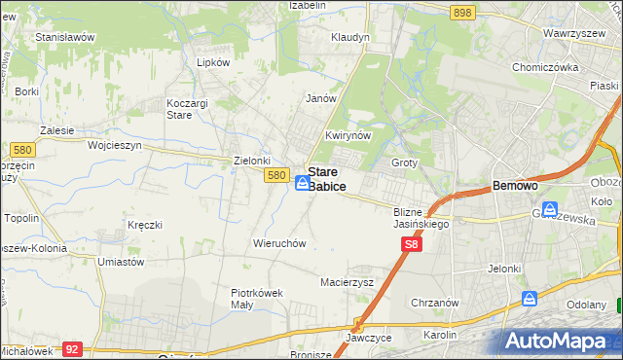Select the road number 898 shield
point(463,12)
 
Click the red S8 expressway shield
point(411,249)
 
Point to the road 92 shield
point(71,347)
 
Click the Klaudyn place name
point(350,37)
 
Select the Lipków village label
point(213,61)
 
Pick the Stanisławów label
point(64,37)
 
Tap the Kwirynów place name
point(348,136)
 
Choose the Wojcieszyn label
point(115,145)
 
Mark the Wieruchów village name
point(280,242)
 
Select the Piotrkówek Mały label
point(256,297)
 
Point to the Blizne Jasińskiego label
point(421,217)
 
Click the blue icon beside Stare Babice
point(303,182)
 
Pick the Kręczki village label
point(144,225)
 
